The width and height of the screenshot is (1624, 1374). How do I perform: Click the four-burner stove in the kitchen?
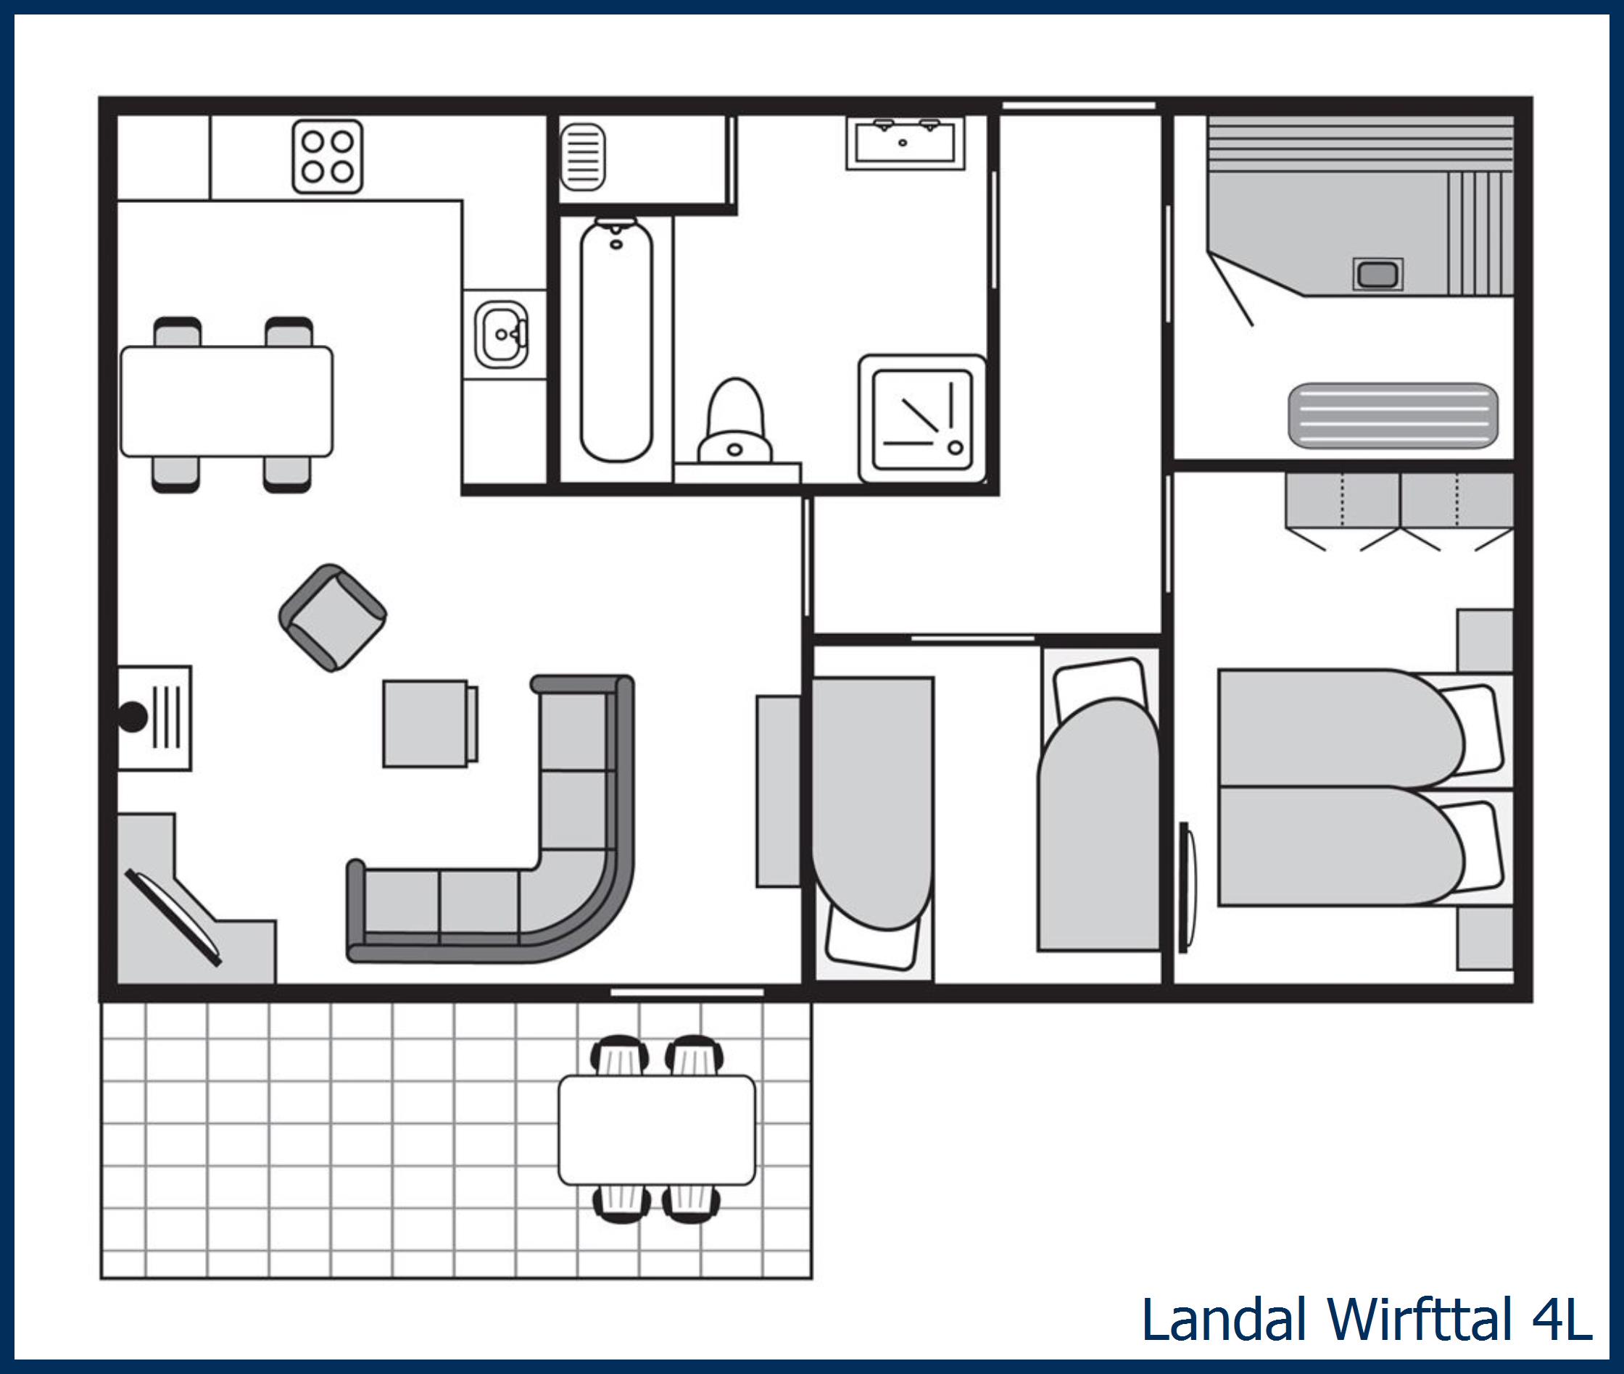click(327, 157)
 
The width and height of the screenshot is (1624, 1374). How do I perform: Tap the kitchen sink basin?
click(501, 335)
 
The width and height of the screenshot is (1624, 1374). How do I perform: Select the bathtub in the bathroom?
click(616, 341)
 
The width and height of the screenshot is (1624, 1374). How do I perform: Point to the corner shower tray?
click(923, 420)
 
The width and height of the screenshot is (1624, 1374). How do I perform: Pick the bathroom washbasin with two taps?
click(906, 142)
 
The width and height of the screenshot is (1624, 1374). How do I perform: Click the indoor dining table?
click(227, 401)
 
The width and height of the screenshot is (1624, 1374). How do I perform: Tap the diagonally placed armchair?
click(333, 617)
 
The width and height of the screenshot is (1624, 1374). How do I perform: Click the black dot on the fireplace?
click(133, 717)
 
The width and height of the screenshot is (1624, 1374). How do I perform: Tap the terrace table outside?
click(657, 1131)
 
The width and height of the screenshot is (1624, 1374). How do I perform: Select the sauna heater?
click(1377, 274)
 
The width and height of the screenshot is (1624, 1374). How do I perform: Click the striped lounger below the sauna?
click(1393, 416)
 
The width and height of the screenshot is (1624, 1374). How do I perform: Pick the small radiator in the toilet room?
click(582, 157)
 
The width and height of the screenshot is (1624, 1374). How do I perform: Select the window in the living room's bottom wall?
click(687, 992)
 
